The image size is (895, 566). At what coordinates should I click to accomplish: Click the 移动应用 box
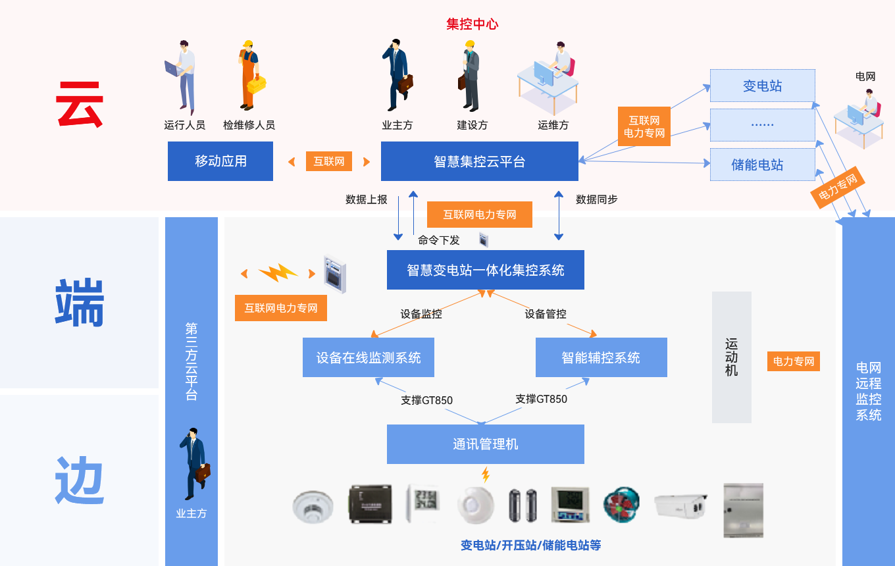click(220, 161)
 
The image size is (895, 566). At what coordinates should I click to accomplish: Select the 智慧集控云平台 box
click(480, 161)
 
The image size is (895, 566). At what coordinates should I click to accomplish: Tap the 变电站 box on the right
click(762, 86)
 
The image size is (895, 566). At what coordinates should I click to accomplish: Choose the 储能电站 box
click(762, 165)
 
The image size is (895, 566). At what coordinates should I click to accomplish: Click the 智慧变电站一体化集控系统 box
click(486, 270)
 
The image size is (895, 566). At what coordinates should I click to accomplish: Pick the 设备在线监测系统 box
click(369, 357)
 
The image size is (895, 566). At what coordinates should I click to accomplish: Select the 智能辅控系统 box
click(601, 357)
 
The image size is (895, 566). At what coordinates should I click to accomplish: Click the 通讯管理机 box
click(486, 444)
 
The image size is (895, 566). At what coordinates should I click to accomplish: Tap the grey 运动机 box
click(732, 357)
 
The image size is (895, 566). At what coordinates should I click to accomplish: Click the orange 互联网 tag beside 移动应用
click(329, 161)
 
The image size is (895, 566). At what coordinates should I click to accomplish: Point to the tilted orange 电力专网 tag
click(837, 187)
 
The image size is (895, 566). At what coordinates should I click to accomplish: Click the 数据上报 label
click(367, 199)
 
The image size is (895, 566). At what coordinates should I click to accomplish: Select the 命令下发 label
click(439, 240)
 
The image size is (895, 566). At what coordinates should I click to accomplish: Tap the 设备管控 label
click(546, 314)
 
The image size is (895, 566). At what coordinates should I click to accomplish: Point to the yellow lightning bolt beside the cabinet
click(278, 272)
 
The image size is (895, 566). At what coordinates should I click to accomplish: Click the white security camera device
click(680, 505)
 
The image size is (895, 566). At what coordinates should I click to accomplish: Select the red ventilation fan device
click(621, 505)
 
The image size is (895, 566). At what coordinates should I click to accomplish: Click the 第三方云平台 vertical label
click(192, 361)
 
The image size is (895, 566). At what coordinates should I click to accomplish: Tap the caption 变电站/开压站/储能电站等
click(530, 545)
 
